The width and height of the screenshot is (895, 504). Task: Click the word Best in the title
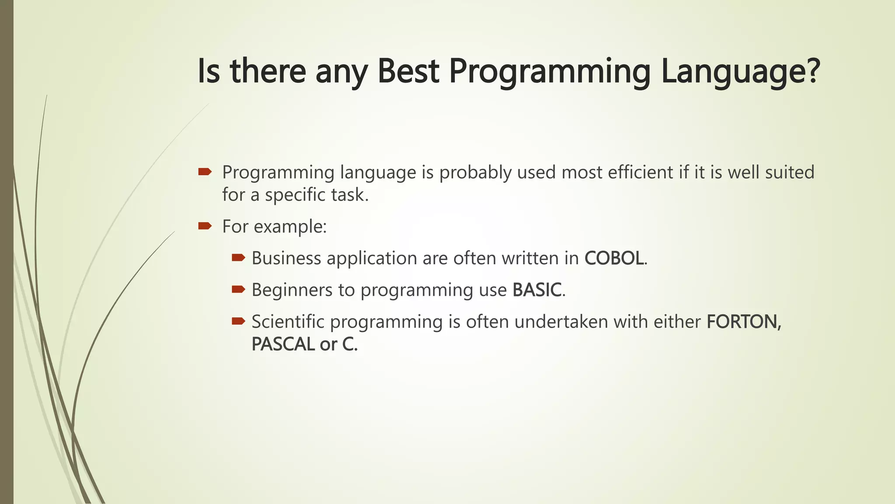tap(408, 71)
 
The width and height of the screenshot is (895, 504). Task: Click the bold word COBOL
tap(614, 258)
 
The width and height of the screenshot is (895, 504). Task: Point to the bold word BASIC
tap(537, 290)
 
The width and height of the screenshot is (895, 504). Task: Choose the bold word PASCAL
tap(283, 344)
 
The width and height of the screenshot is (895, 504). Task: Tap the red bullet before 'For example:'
tap(205, 226)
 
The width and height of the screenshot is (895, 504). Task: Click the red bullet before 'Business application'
tap(238, 258)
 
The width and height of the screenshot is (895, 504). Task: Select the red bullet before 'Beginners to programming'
tap(238, 289)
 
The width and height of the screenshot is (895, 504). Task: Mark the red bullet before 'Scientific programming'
tap(238, 322)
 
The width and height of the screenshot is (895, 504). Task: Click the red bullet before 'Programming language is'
tap(205, 172)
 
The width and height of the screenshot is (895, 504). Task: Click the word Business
tap(286, 258)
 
